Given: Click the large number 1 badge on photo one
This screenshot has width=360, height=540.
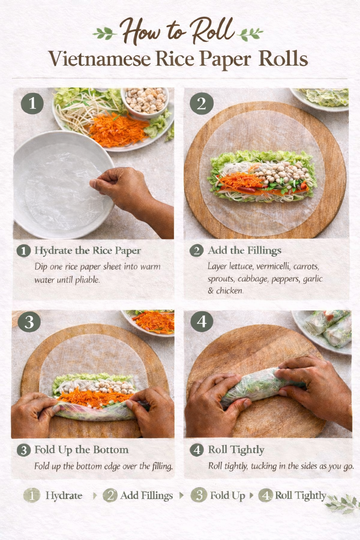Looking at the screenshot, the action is coord(32,103).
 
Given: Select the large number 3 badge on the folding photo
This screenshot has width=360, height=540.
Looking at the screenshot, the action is coord(29,322).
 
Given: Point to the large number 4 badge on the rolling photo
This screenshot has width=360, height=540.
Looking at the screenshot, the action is coord(202,321).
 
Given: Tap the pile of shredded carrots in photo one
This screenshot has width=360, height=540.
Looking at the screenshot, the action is coord(118,129).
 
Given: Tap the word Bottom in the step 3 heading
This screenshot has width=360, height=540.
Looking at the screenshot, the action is coord(111,450).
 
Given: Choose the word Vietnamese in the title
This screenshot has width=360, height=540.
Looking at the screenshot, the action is coord(100,59).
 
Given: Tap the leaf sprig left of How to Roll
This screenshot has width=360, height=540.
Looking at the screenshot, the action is coord(105,33).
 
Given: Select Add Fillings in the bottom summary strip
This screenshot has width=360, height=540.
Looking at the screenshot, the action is coord(147,496).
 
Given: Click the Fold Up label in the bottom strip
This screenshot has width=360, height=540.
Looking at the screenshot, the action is coord(227,496).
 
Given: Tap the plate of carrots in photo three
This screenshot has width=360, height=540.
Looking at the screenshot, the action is coord(148,322).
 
